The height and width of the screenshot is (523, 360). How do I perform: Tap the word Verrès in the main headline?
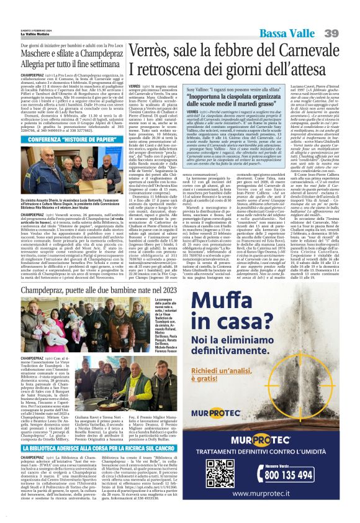(x=143, y=48)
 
